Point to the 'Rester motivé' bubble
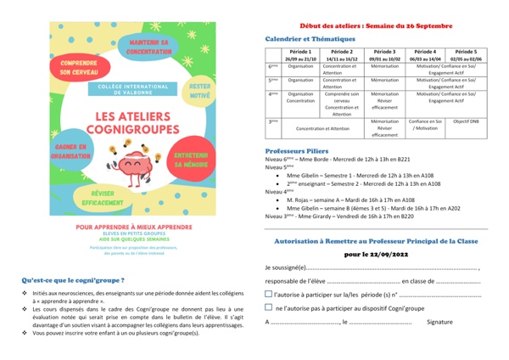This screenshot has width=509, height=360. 200,91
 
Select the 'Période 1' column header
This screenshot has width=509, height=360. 301,55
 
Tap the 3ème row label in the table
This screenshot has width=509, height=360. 273,121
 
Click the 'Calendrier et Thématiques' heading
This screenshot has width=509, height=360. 310,39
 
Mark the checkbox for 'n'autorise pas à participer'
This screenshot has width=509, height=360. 269,307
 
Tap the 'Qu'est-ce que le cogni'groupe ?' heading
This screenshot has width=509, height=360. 73,278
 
